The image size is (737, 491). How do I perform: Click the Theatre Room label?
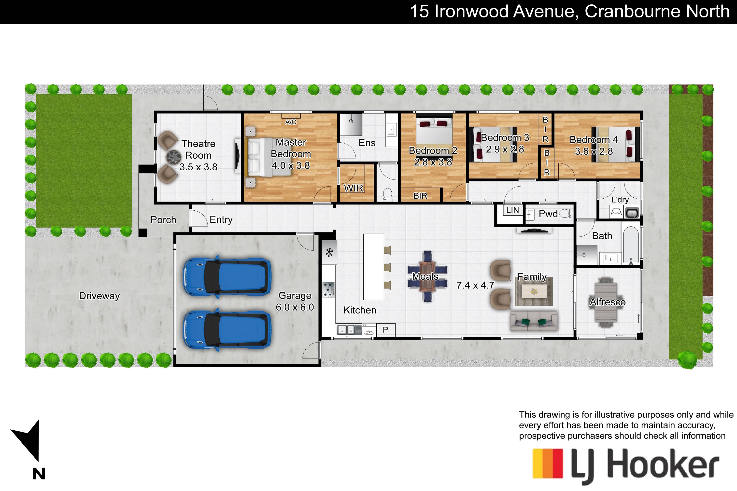(198, 149)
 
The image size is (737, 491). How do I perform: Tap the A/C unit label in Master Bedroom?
(290, 122)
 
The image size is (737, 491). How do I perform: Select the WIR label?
(354, 188)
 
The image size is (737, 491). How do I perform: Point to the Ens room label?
(367, 143)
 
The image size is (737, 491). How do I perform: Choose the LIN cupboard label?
(512, 210)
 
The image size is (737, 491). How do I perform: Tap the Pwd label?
(548, 214)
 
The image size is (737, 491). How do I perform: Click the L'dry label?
(620, 200)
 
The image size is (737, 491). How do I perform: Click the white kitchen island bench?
(373, 267)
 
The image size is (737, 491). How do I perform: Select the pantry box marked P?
(385, 330)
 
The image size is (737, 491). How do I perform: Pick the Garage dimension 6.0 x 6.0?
(295, 307)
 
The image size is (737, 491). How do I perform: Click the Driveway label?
(99, 296)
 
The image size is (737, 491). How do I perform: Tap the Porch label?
(163, 220)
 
